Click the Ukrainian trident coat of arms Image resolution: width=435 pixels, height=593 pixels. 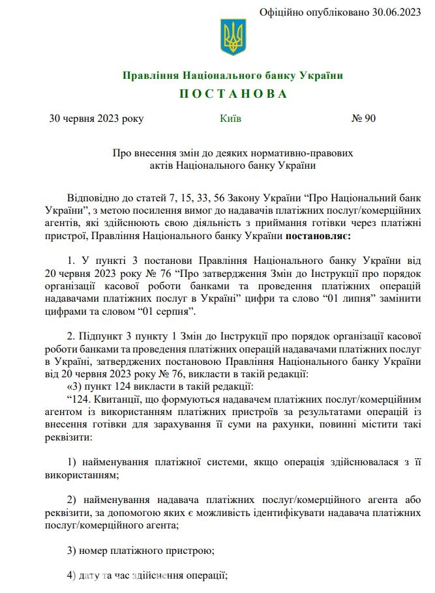(x=233, y=37)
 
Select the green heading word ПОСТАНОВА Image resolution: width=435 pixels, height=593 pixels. (x=233, y=94)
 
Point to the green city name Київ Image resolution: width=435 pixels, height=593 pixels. (x=231, y=119)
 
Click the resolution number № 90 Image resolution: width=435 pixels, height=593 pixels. (x=363, y=119)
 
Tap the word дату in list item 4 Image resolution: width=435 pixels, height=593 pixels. (x=91, y=576)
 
